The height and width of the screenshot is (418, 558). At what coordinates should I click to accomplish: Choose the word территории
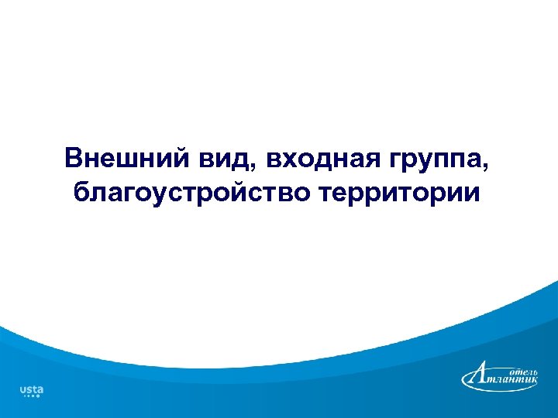[x=398, y=192]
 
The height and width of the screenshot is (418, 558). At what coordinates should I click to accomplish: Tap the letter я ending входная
[x=363, y=160]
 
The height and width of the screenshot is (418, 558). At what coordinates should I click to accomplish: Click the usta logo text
[x=31, y=389]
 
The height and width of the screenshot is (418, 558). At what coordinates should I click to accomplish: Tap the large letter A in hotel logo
[x=478, y=376]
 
